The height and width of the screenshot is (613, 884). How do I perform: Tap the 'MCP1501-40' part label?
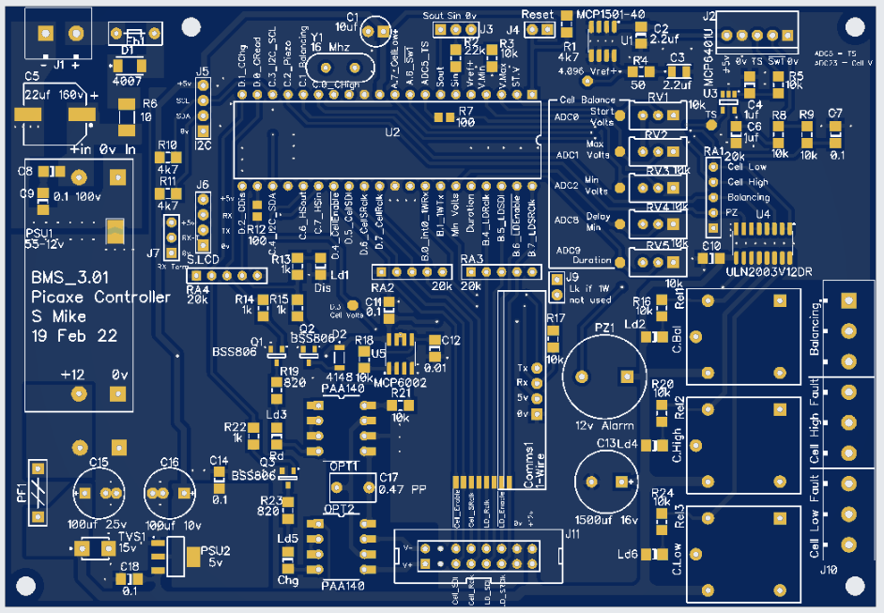611,15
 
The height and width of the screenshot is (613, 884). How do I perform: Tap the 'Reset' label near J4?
538,15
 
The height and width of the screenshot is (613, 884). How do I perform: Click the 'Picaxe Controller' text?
101,298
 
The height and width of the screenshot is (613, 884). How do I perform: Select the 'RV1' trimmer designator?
657,98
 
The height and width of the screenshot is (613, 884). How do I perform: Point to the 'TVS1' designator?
131,536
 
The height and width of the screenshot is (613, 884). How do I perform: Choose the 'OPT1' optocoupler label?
344,467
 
